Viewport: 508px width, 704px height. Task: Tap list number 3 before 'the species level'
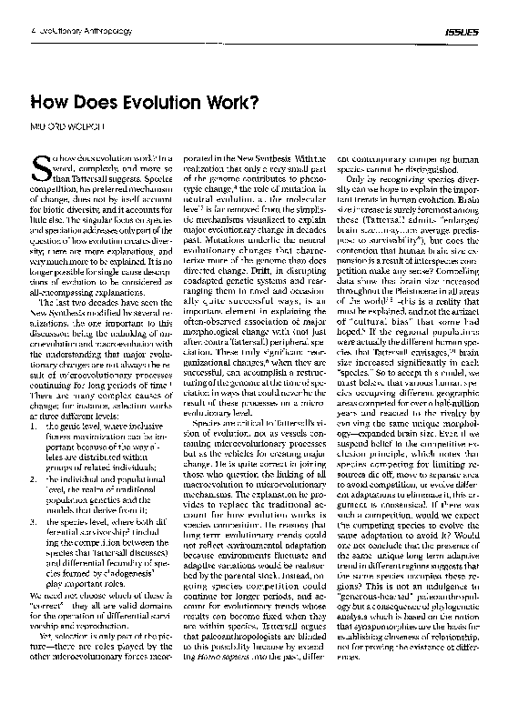click(x=36, y=523)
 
